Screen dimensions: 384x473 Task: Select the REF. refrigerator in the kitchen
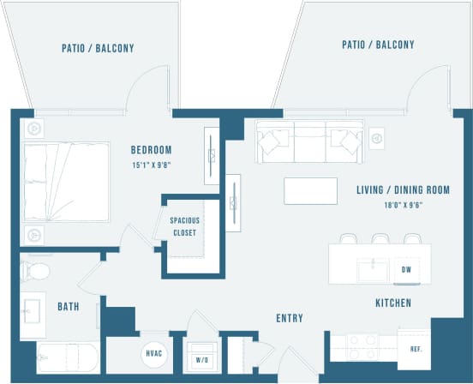414,349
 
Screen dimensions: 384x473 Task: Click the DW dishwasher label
405,270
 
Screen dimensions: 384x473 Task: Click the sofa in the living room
308,140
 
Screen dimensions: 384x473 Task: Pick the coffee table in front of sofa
309,190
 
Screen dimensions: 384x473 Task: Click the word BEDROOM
152,149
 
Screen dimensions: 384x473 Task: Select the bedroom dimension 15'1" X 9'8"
152,164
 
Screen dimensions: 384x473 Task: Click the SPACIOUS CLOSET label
183,226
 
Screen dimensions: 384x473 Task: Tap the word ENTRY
290,318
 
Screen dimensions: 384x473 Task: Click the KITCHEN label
392,303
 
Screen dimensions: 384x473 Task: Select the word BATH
69,306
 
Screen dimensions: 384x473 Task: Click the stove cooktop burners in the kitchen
362,349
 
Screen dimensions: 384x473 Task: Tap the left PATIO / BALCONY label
98,49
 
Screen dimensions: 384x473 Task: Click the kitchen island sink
370,267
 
